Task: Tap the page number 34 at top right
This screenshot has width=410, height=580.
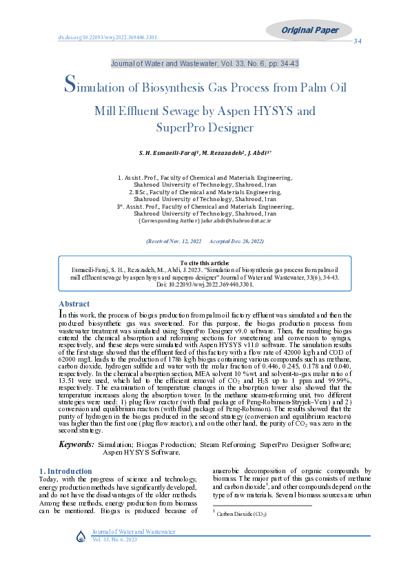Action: [x=358, y=41]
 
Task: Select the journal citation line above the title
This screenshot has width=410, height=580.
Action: [x=205, y=63]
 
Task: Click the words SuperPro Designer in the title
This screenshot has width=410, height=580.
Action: [x=205, y=127]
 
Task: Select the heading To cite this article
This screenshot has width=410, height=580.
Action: [x=205, y=263]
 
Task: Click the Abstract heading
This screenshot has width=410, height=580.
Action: [x=74, y=304]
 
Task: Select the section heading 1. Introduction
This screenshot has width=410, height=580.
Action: [x=65, y=471]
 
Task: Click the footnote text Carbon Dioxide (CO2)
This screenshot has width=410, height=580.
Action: [x=241, y=514]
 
